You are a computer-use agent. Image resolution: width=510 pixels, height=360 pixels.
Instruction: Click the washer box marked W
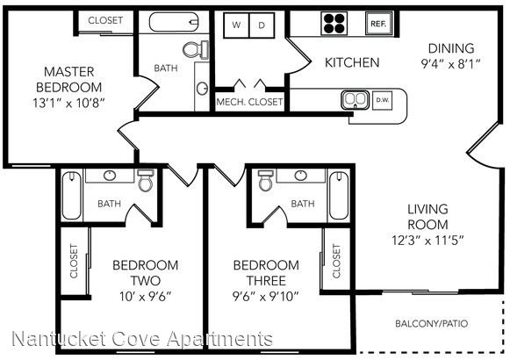[x=236, y=25]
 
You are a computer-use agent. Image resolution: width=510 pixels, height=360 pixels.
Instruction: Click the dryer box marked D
[x=262, y=25]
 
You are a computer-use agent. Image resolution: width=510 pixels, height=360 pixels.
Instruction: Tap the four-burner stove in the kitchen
[x=334, y=23]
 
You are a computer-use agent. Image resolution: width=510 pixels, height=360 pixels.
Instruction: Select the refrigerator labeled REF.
[x=378, y=23]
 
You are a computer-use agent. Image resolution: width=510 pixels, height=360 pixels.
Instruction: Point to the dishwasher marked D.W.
[x=382, y=100]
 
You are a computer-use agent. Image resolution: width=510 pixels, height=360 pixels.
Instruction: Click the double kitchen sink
[x=355, y=99]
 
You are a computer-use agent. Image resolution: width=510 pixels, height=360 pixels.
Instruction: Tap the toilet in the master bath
[x=196, y=50]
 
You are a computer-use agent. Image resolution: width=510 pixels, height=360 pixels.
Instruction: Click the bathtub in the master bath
[x=174, y=22]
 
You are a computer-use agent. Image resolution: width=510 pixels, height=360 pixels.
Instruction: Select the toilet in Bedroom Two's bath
[x=145, y=180]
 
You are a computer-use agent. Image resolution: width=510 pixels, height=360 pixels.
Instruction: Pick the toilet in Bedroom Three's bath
[x=265, y=180]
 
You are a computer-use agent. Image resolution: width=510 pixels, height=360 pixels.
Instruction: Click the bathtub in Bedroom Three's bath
[x=339, y=196]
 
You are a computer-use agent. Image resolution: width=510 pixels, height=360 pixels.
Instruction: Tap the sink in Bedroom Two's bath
[x=110, y=176]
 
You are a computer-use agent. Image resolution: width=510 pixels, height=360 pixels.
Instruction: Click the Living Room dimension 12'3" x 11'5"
[x=427, y=241]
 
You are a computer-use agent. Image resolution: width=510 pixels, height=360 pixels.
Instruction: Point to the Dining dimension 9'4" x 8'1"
[x=451, y=64]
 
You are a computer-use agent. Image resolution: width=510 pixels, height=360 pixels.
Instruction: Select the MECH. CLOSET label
[x=249, y=102]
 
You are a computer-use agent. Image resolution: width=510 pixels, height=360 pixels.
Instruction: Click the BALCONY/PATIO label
[x=432, y=324]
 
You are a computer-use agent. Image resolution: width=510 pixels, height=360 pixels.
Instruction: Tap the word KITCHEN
[x=352, y=62]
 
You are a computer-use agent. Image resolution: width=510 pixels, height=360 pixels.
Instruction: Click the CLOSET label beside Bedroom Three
[x=336, y=261]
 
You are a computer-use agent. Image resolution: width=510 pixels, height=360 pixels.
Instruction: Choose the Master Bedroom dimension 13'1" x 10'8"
[x=68, y=103]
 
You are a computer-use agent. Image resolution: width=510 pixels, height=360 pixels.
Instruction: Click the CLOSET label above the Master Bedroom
[x=105, y=20]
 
